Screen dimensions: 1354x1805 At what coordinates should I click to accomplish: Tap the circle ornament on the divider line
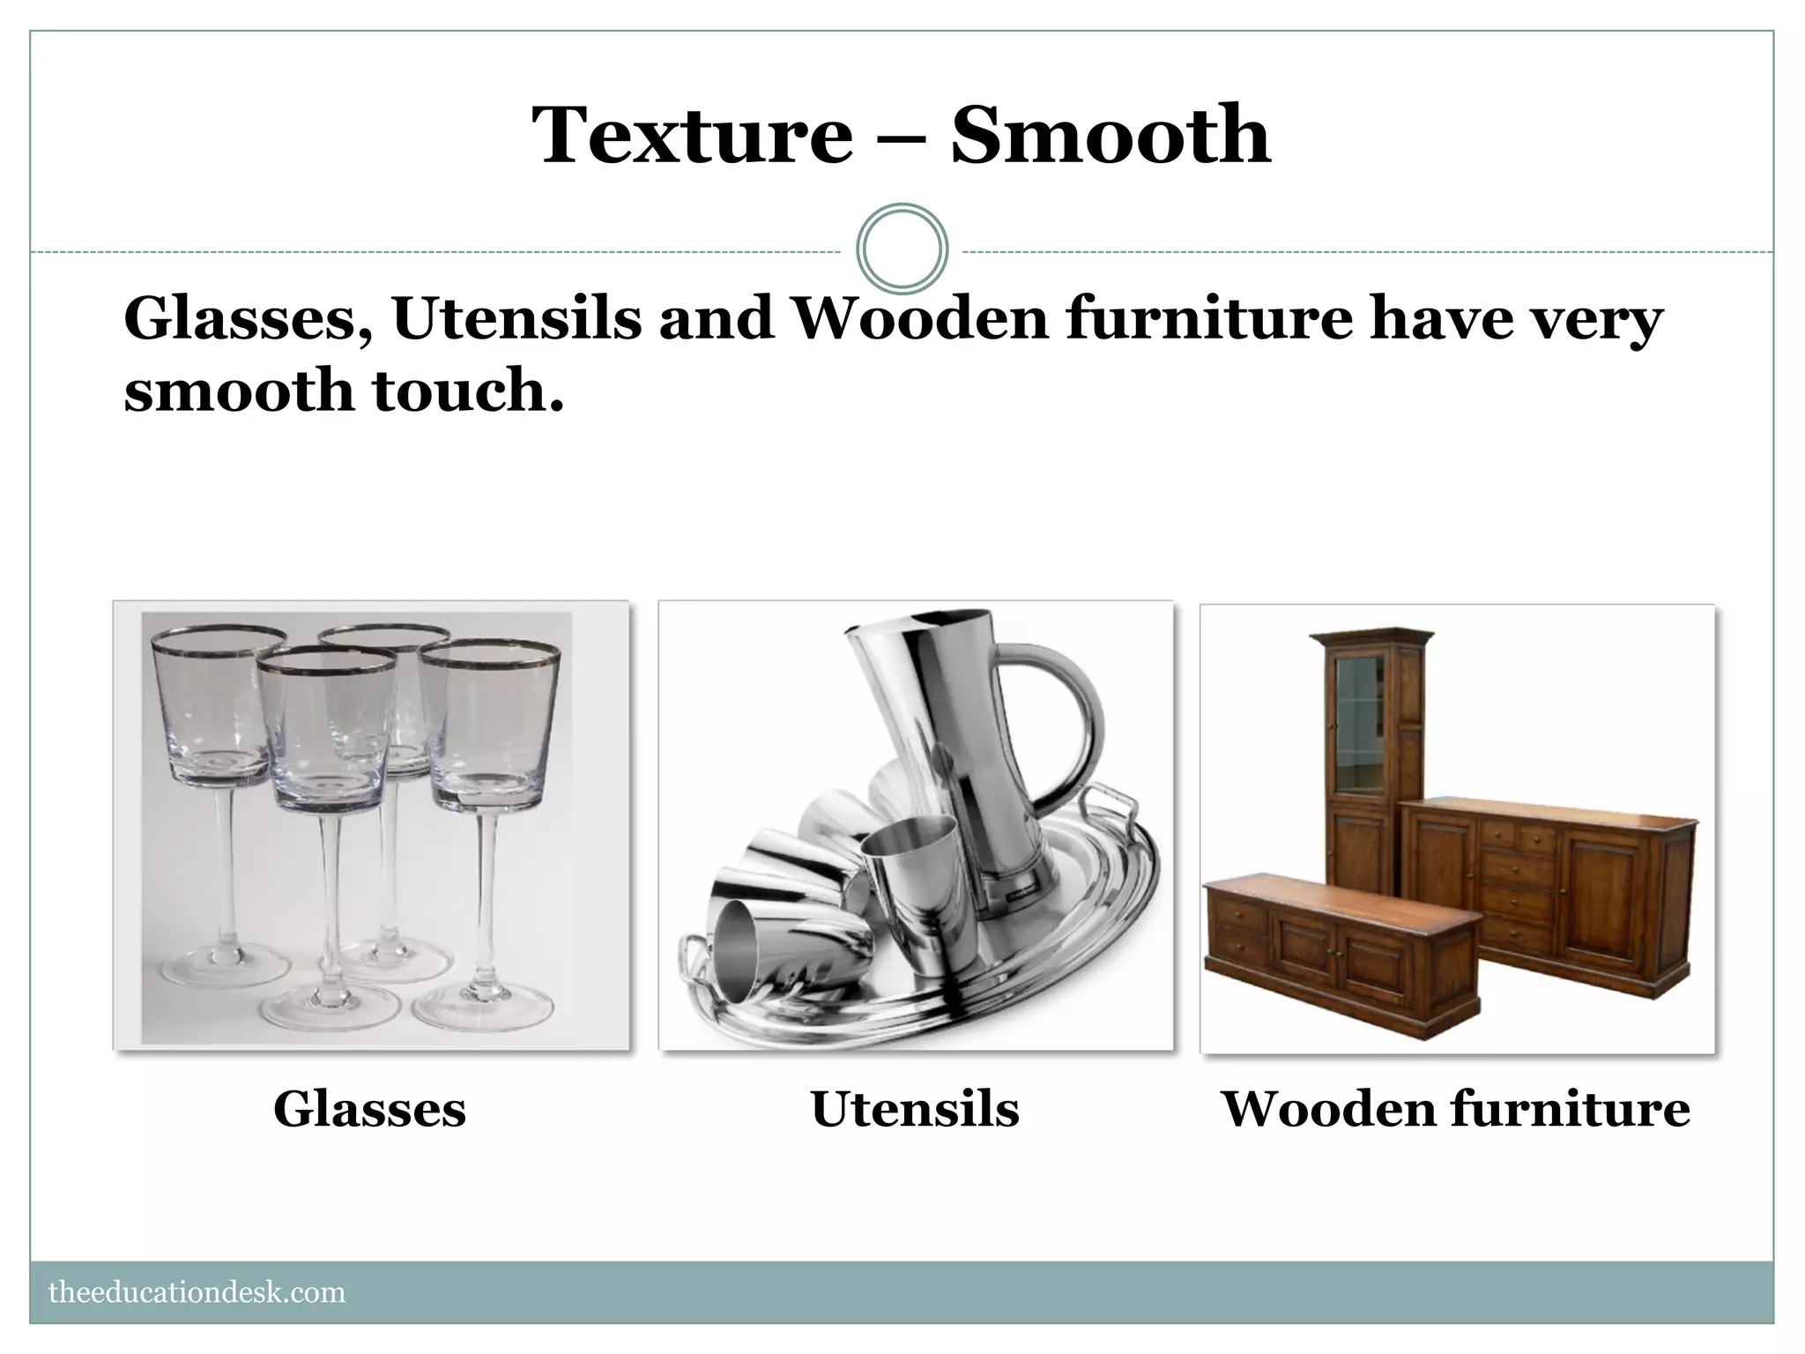coord(902,249)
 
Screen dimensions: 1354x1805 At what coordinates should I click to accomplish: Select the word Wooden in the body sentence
coord(921,319)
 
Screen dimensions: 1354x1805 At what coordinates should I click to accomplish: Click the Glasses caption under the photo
coord(369,1109)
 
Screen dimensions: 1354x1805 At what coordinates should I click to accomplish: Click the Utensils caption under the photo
coord(915,1109)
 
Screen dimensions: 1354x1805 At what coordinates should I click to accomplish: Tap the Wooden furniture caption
coord(1455,1109)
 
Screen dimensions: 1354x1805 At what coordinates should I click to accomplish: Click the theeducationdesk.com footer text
coord(197,1292)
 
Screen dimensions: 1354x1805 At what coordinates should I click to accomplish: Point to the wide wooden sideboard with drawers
coord(1551,882)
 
